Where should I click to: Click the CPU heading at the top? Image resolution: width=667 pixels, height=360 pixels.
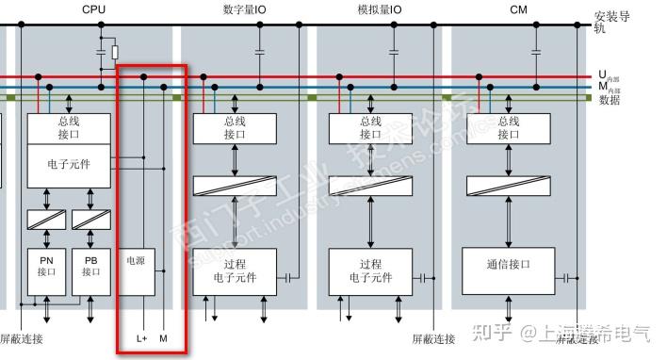point(93,8)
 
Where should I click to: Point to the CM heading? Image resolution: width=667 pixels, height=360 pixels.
point(518,8)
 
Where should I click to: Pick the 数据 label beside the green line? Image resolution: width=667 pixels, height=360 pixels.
point(609,99)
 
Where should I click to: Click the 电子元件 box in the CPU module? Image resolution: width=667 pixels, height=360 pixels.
point(69,163)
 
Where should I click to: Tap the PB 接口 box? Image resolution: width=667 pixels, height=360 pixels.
point(90,265)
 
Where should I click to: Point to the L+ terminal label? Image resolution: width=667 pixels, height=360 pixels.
point(142,337)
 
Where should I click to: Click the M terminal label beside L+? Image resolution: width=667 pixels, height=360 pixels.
point(163,337)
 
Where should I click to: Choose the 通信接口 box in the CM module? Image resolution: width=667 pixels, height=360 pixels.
point(510,265)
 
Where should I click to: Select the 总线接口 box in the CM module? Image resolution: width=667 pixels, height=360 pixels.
point(509,127)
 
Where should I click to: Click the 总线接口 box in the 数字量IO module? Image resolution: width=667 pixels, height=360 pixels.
point(235,127)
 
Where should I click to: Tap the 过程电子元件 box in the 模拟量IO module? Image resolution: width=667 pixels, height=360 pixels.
point(370,271)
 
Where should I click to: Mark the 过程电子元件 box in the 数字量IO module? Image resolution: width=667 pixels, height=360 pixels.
point(235,271)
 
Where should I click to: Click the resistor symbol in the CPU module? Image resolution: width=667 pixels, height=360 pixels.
point(115,52)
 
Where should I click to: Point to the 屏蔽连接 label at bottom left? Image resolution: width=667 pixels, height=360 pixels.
point(21,338)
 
